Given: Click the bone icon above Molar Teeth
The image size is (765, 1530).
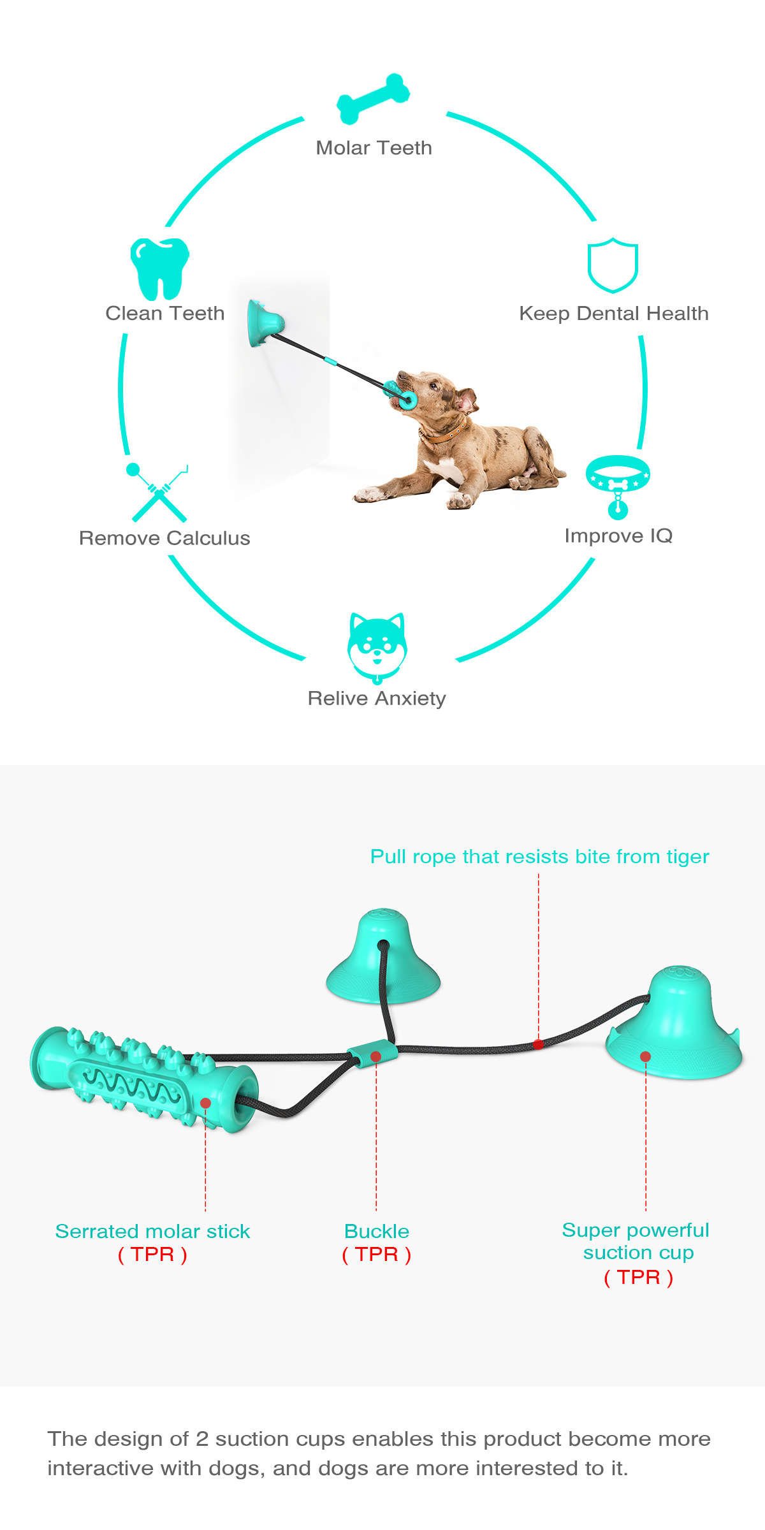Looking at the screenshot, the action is click(374, 98).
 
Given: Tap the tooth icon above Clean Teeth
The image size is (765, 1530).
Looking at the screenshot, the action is click(160, 269).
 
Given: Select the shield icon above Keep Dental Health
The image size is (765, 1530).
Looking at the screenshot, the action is click(613, 265).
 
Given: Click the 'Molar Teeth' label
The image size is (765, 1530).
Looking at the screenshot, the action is click(374, 148).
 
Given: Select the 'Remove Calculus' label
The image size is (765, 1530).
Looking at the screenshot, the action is click(164, 538).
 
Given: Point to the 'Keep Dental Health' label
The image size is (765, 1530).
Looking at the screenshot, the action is click(614, 314).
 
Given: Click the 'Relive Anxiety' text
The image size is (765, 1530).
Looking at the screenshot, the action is click(377, 699).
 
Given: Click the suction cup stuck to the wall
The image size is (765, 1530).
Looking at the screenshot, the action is click(264, 323).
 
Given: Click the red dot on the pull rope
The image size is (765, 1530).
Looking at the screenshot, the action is click(539, 1044).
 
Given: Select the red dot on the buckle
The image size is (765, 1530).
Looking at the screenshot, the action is click(376, 1056).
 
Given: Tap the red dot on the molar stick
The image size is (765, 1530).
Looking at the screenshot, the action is click(205, 1103).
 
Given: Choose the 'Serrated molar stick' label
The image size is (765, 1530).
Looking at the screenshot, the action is click(153, 1231).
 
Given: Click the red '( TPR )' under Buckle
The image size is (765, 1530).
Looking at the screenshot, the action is click(377, 1255).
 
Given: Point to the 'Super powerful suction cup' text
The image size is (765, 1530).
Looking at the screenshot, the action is click(637, 1241).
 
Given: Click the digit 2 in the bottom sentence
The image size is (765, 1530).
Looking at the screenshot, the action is click(202, 1439).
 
